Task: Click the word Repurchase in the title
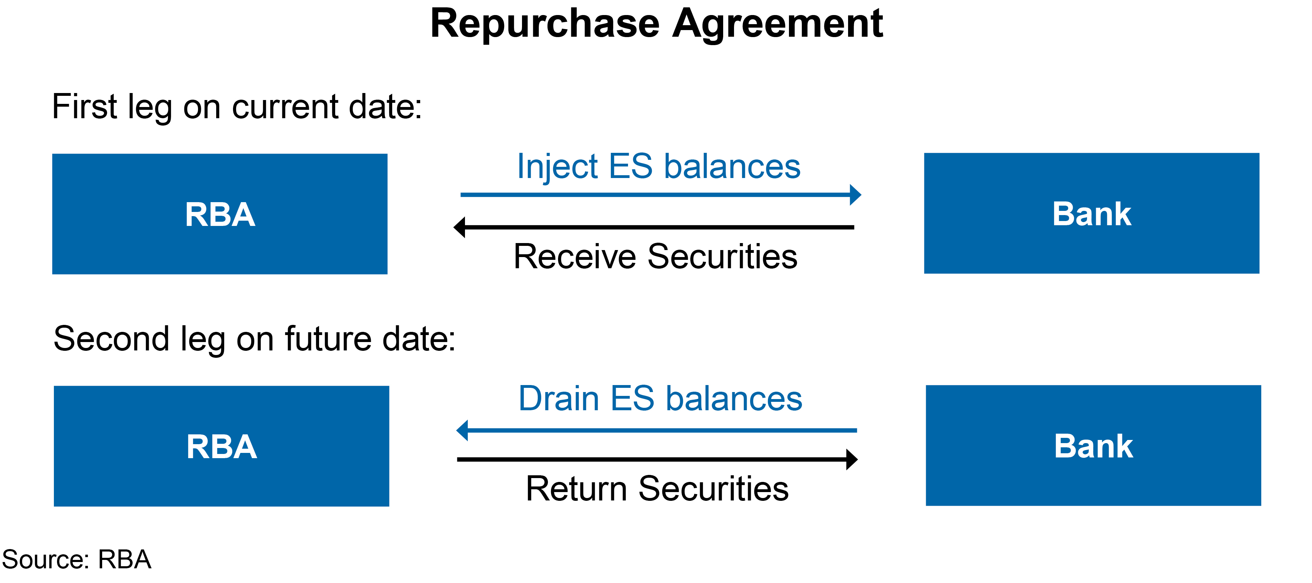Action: coord(545,24)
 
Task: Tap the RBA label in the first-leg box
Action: coord(220,214)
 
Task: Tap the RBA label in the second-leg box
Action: coord(221,447)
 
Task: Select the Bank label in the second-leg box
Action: coord(1093,446)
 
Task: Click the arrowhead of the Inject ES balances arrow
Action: coord(856,194)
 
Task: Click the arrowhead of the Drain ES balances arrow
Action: coord(462,430)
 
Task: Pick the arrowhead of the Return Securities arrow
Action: coord(852,459)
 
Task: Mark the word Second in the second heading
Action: coord(111,339)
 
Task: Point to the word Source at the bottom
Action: coord(43,560)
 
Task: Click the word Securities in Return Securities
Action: coord(713,489)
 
